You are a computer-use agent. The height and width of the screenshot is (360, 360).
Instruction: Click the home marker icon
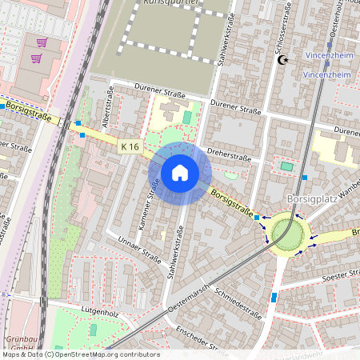(180, 172)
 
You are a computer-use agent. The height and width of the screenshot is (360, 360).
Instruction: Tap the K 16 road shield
(130, 146)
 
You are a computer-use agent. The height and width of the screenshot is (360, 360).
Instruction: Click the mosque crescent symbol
(282, 60)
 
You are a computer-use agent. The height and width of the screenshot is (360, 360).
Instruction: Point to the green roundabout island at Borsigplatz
(287, 234)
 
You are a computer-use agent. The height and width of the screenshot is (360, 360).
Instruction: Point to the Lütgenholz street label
(99, 310)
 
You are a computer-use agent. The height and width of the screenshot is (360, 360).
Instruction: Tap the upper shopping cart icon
(42, 42)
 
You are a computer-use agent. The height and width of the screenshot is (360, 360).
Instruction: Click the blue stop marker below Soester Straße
(274, 297)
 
